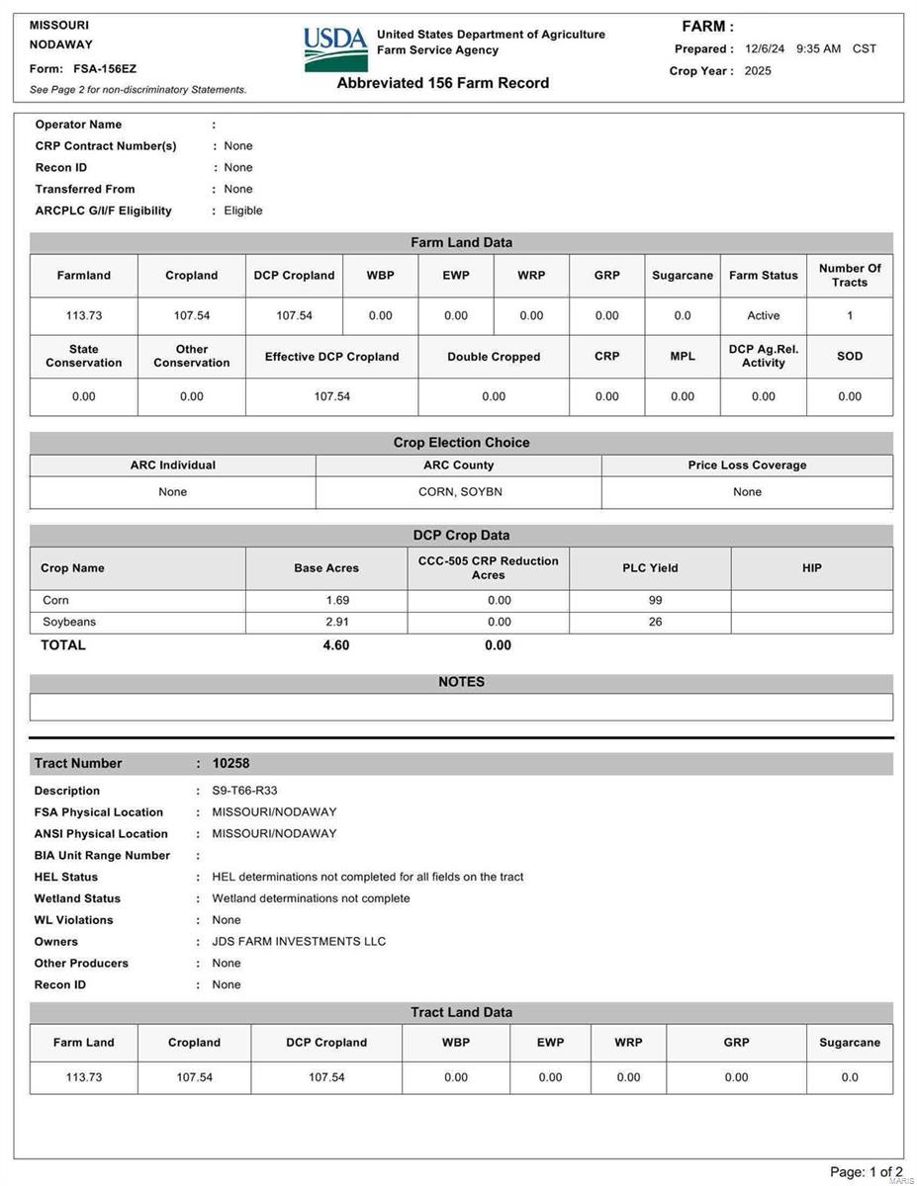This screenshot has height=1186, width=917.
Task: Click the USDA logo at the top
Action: pyautogui.click(x=335, y=48)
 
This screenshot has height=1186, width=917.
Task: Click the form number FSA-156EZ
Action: pyautogui.click(x=105, y=69)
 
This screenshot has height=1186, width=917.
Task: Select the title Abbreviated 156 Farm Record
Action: pyautogui.click(x=442, y=83)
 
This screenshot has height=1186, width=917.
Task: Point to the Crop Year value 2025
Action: pyautogui.click(x=758, y=71)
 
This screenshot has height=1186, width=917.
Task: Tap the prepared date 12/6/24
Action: pyautogui.click(x=765, y=48)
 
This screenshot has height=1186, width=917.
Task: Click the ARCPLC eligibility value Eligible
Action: pyautogui.click(x=243, y=211)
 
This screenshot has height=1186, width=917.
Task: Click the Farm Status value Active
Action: pyautogui.click(x=763, y=316)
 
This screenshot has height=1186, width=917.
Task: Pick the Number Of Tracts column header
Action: pyautogui.click(x=849, y=276)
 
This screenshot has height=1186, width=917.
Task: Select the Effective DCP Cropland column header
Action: pyautogui.click(x=331, y=357)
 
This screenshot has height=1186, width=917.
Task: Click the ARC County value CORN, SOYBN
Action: pyautogui.click(x=458, y=492)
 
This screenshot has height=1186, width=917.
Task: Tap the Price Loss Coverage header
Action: pyautogui.click(x=747, y=466)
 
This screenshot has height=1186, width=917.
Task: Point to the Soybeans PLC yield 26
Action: pyautogui.click(x=655, y=623)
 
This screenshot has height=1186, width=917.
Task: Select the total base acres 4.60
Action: pyautogui.click(x=336, y=645)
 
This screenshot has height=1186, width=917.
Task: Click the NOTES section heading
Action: pyautogui.click(x=461, y=682)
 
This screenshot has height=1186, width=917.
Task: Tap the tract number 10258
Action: pyautogui.click(x=230, y=763)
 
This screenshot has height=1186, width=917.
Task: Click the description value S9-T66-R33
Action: pyautogui.click(x=244, y=791)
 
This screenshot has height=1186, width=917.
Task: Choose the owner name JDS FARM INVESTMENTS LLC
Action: pyautogui.click(x=299, y=942)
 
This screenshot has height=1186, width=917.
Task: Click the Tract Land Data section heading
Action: pyautogui.click(x=461, y=1012)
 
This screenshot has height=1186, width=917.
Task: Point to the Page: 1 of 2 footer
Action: pyautogui.click(x=866, y=1172)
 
